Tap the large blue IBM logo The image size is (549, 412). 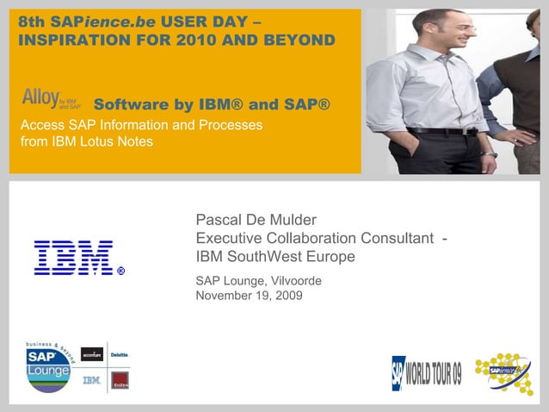pos(74,258)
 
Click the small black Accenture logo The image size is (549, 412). pos(91,353)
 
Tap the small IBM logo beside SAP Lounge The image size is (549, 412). pos(91,379)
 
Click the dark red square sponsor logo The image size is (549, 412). pos(120,380)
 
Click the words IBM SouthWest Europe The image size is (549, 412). pos(275,257)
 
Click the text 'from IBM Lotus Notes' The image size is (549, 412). pos(86,141)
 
